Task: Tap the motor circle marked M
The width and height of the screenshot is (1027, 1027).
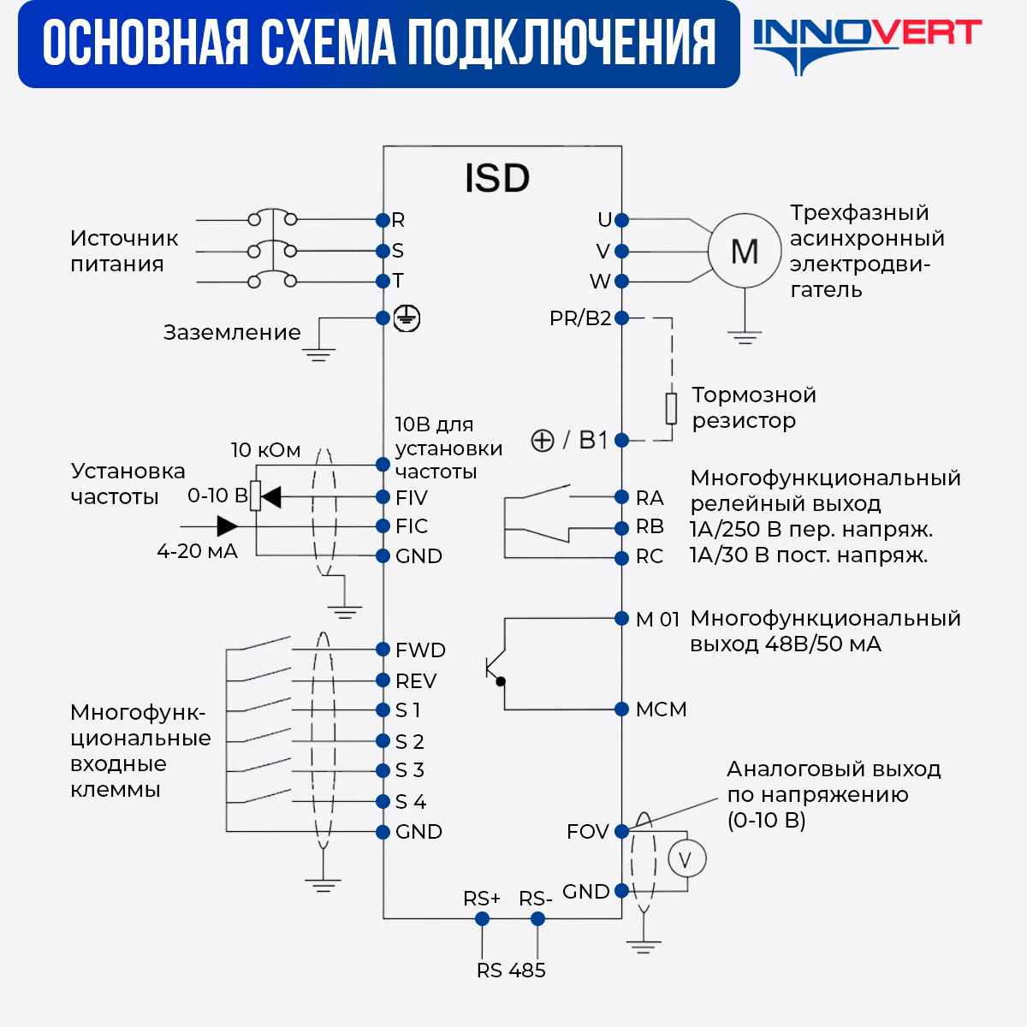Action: click(745, 252)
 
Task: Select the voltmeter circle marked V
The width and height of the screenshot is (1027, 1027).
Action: click(686, 859)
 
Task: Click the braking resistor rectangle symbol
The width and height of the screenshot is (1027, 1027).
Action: click(672, 408)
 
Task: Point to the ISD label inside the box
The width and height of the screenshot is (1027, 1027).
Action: click(497, 178)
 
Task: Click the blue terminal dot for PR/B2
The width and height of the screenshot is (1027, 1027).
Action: click(622, 318)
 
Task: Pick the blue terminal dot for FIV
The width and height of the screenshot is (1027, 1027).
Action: click(383, 497)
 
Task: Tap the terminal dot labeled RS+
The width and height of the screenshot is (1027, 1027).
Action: click(482, 918)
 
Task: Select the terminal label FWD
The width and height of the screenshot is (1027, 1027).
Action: click(420, 650)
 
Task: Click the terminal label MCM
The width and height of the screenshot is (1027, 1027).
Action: click(661, 709)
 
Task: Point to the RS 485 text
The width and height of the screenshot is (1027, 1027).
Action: click(511, 971)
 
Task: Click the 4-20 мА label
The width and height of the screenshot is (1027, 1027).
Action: click(197, 552)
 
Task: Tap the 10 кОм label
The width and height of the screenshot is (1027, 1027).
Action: click(265, 450)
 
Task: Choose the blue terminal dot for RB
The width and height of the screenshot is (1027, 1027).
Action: click(622, 528)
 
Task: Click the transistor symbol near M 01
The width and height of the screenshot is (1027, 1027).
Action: click(495, 668)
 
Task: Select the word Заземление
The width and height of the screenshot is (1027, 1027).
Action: click(232, 332)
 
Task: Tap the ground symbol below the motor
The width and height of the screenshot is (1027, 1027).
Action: click(745, 336)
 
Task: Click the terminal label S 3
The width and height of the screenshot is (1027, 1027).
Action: click(410, 770)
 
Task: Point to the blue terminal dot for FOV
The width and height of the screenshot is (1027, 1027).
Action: click(622, 831)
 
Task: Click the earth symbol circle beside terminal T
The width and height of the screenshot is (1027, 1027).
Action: click(407, 318)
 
